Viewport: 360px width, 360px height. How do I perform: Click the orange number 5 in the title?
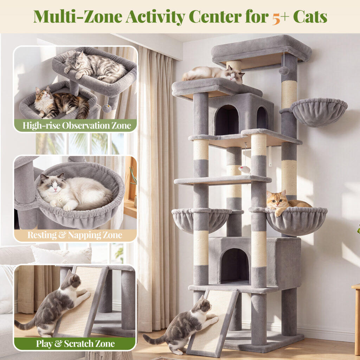click(276, 18)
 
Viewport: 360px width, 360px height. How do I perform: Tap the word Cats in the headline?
click(310, 17)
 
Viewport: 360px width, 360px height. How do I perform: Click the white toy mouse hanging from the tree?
click(244, 169)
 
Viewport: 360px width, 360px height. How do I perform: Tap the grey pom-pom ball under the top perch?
click(284, 70)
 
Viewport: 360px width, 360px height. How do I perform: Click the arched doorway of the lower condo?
click(235, 266)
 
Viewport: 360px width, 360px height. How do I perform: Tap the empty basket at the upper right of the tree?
click(319, 112)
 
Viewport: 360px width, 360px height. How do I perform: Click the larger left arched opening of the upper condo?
click(227, 120)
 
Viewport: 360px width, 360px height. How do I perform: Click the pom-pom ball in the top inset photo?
click(107, 108)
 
